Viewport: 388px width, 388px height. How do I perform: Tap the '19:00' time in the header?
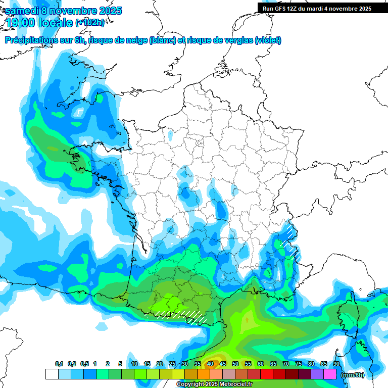[x=20, y=23]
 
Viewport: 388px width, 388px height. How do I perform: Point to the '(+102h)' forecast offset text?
[x=90, y=23]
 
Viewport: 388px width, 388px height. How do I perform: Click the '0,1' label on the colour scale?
[x=59, y=364]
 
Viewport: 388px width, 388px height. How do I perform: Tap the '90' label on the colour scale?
[x=336, y=364]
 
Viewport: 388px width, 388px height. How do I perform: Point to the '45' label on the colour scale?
[x=223, y=364]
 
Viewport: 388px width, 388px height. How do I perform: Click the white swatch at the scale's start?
[x=52, y=374]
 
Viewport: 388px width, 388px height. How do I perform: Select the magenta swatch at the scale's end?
[x=330, y=374]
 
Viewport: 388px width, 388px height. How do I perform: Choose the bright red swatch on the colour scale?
[x=267, y=374]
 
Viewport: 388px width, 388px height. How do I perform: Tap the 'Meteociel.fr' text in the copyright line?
[x=235, y=384]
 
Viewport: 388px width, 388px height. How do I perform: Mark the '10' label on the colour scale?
[x=134, y=364]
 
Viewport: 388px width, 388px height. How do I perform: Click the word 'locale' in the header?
[x=55, y=23]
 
